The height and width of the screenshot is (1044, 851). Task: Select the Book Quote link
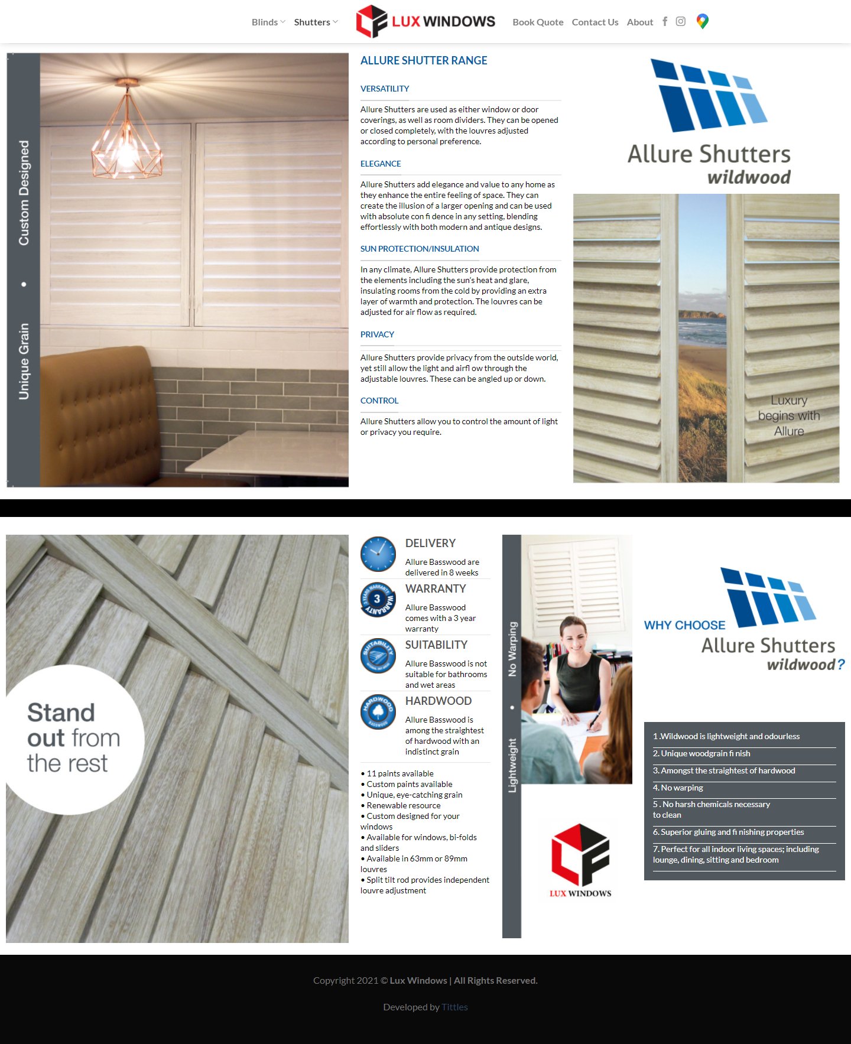coord(538,22)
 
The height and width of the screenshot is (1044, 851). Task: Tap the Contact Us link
coord(595,22)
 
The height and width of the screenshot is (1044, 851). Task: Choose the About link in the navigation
coord(639,22)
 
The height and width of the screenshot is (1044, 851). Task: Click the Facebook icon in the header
coord(665,22)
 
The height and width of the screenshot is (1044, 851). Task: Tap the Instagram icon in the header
coord(681,22)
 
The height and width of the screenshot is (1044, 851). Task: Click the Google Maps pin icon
coord(702,22)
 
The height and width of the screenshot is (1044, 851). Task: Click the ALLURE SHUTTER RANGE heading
coord(424,61)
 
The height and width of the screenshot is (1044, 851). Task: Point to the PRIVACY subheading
coord(377,334)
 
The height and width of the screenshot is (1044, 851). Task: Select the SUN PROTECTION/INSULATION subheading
coord(420,249)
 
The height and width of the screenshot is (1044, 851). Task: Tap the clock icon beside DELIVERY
coord(378,554)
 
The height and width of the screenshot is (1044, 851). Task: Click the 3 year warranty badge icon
coord(378,600)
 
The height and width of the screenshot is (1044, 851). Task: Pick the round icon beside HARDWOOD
coord(378,711)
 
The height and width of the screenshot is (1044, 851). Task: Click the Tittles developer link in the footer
coord(454,1007)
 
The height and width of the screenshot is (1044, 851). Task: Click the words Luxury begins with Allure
coord(789,416)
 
